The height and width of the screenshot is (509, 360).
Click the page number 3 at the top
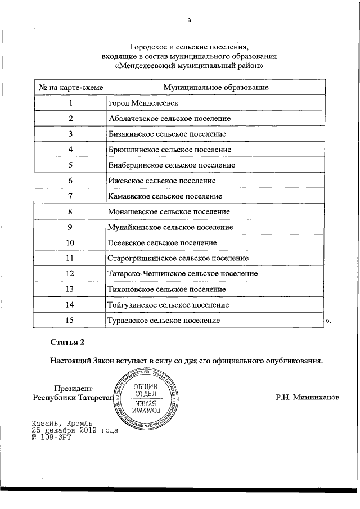[x=190, y=21]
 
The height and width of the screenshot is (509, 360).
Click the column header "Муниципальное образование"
[x=215, y=88]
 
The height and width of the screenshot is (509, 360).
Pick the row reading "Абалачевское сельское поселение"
[x=168, y=119]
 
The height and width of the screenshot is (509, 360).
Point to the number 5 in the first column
[x=70, y=165]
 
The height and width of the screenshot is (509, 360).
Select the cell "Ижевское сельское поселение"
[x=161, y=181]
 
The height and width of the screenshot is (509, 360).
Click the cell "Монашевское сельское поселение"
[x=168, y=212]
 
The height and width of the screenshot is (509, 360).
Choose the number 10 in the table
[x=70, y=243]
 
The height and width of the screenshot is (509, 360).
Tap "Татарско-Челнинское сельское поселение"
[x=182, y=274]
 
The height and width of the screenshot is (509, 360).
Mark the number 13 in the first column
[x=70, y=289]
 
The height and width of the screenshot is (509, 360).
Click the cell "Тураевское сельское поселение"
[x=163, y=320]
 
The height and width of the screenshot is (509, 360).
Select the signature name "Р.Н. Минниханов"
[x=308, y=397]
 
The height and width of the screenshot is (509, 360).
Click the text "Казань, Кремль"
[x=62, y=422]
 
